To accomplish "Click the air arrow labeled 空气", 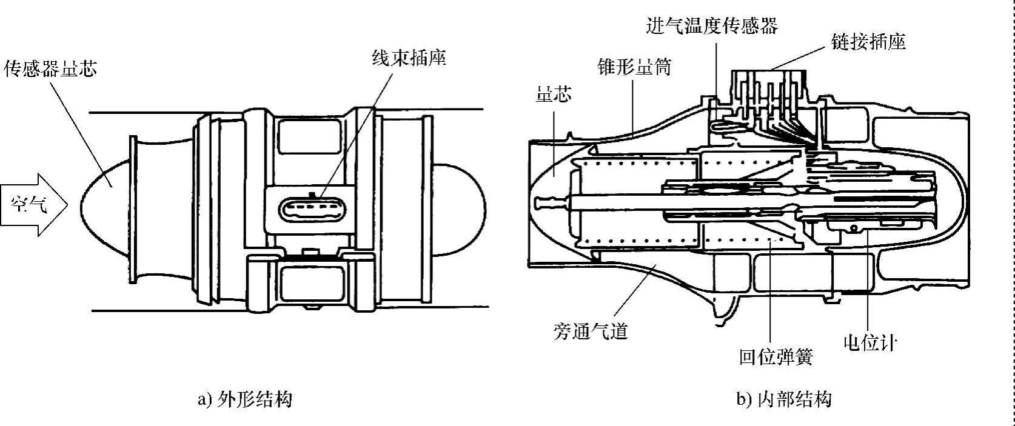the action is point(33,205).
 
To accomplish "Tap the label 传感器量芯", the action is point(50,68).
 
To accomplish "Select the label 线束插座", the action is point(409,58).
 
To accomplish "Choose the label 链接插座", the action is point(868,42).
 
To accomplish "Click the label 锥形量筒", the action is point(634,67).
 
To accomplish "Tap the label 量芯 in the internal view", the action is point(554,94).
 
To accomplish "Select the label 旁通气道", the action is point(591,330).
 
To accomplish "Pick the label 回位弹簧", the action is point(776,357).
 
